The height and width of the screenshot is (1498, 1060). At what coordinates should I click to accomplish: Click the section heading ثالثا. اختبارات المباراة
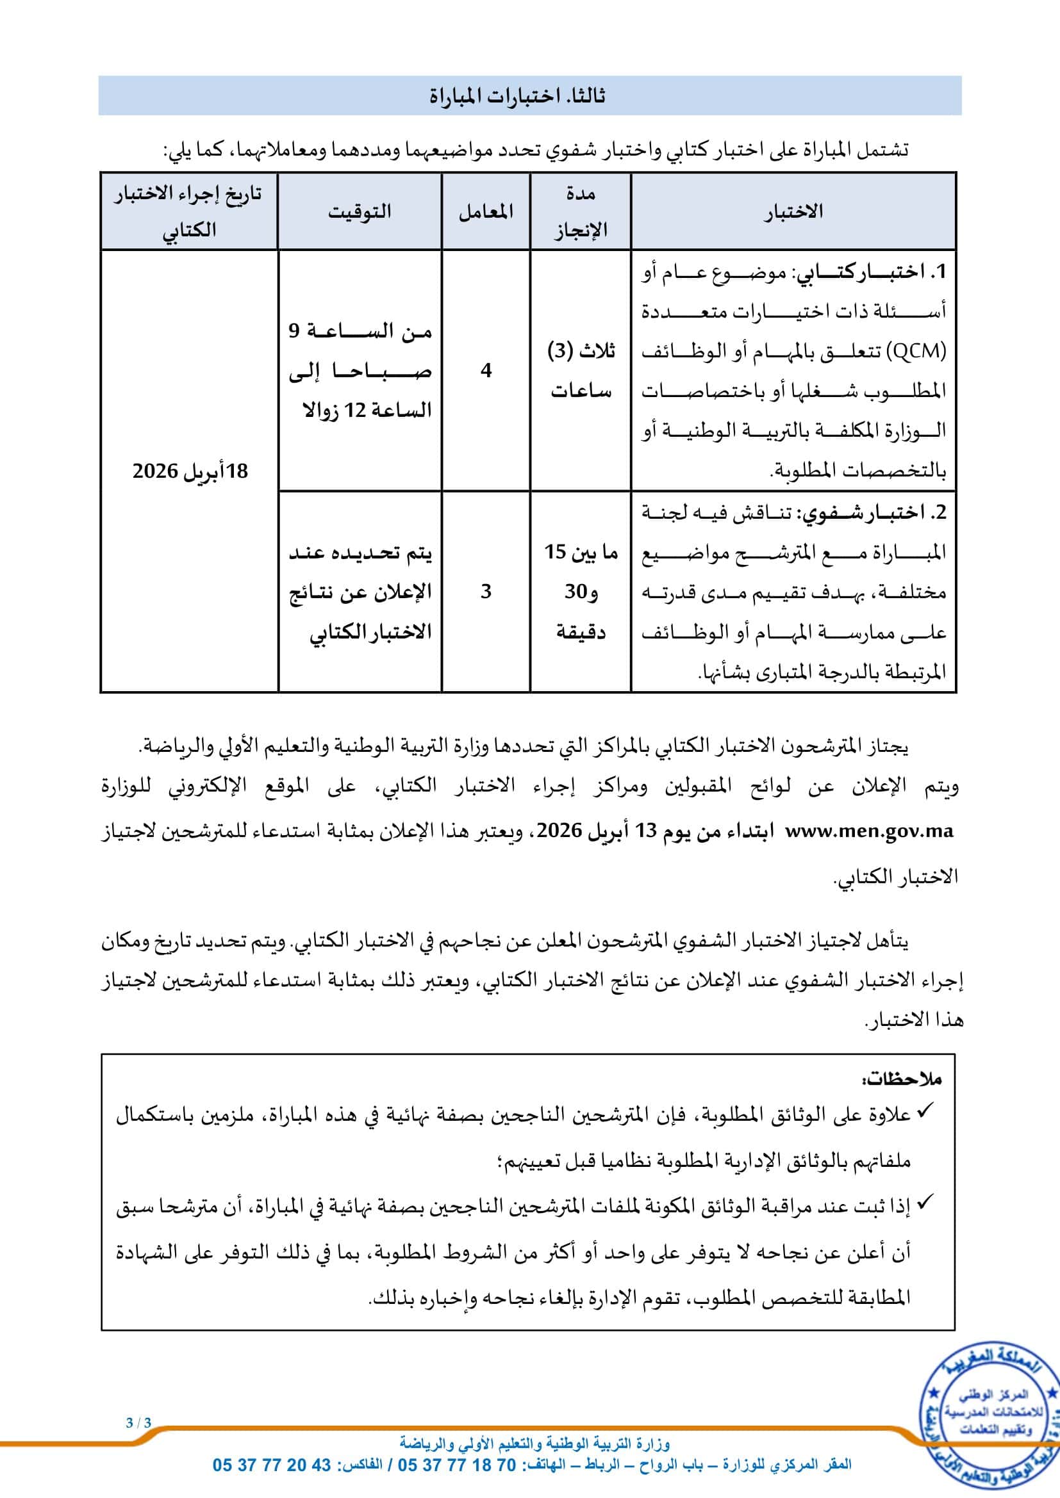pyautogui.click(x=517, y=96)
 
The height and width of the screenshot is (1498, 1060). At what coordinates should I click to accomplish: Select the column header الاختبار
pyautogui.click(x=793, y=211)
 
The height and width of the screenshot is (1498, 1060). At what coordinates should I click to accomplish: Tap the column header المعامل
pyautogui.click(x=486, y=211)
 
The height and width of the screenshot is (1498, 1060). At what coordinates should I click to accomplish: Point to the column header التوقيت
pyautogui.click(x=360, y=211)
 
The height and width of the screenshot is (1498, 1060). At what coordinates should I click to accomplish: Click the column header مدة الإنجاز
pyautogui.click(x=580, y=211)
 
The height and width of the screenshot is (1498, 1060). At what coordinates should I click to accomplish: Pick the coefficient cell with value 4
pyautogui.click(x=486, y=371)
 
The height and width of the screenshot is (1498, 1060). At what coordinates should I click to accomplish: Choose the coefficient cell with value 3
pyautogui.click(x=486, y=591)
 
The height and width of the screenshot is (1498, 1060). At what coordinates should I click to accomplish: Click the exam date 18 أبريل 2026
pyautogui.click(x=190, y=471)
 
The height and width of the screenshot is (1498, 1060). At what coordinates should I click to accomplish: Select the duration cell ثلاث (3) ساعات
pyautogui.click(x=580, y=371)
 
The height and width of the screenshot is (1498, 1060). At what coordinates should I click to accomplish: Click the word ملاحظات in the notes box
pyautogui.click(x=902, y=1080)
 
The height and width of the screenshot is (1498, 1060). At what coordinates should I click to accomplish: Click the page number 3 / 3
pyautogui.click(x=138, y=1423)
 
